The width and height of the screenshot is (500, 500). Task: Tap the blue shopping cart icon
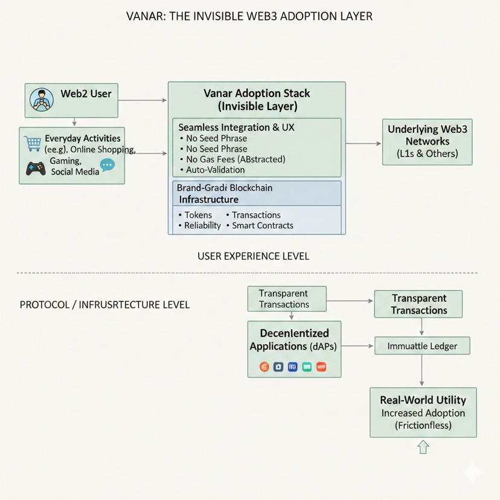[33, 144]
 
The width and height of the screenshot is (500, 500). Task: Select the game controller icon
[36, 168]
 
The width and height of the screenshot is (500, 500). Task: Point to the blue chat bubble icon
[107, 165]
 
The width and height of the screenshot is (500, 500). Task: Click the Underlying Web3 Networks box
[428, 142]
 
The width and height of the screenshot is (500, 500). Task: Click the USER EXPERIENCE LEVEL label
[253, 256]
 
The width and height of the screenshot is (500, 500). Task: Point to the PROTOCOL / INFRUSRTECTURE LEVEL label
[104, 305]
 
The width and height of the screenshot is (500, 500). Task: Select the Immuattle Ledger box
[421, 346]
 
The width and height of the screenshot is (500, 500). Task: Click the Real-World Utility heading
[423, 400]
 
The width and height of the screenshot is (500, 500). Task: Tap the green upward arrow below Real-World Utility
[423, 447]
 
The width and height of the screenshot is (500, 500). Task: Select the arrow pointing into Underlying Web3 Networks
[364, 143]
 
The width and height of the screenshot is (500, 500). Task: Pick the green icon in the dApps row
[307, 367]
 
